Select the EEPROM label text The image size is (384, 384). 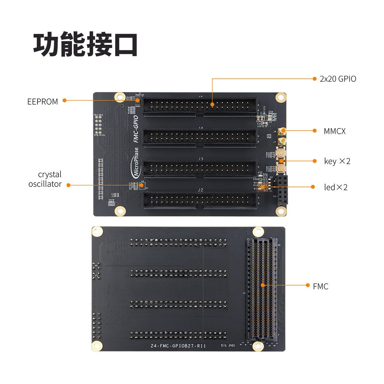pos(43,102)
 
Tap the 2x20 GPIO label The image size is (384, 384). pos(338,79)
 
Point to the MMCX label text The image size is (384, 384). pos(334,131)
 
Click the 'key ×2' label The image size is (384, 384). pos(337,161)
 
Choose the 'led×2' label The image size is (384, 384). pos(336,187)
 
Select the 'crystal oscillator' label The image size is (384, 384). pos(45,179)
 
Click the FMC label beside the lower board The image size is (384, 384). pos(321,286)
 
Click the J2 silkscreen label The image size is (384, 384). pos(200,190)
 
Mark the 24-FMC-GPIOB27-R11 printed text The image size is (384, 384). pos(178,346)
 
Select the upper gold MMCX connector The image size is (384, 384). pos(282,131)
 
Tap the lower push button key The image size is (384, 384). pos(280,169)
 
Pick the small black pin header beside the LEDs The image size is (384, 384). pos(282,190)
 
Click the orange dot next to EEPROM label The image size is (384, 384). pos(65,100)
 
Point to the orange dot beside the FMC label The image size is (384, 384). pos(308,285)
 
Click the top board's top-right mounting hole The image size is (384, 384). pos(281,97)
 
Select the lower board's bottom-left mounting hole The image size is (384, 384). pos(97,346)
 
